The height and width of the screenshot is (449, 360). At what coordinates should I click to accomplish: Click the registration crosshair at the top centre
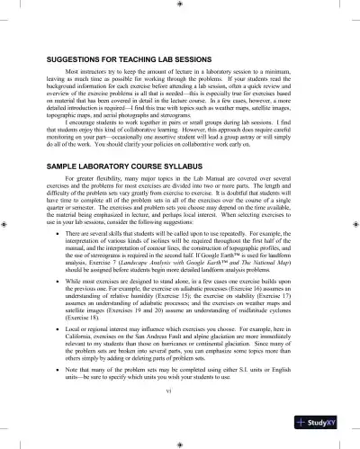(x=181, y=4)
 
